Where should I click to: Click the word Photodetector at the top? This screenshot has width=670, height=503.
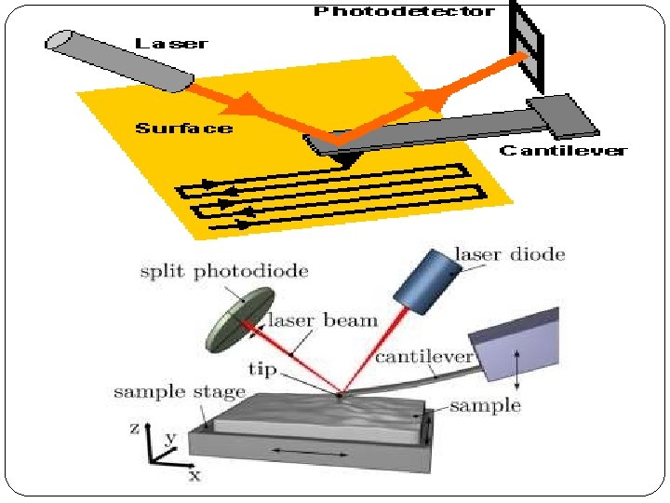click(403, 11)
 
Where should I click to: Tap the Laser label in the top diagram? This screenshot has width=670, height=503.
click(171, 44)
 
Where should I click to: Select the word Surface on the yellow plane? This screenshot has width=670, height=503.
click(184, 128)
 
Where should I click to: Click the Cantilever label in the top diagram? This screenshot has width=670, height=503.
click(563, 151)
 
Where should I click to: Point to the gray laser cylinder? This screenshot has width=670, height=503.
click(112, 60)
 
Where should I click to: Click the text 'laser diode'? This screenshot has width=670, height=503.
click(509, 253)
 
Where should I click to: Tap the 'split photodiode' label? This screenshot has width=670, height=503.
click(223, 271)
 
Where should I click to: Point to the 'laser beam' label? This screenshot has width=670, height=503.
click(323, 321)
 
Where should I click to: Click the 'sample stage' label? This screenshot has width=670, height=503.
click(180, 391)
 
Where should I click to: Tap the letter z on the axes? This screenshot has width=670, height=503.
click(135, 428)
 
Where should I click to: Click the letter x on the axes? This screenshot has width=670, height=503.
click(194, 475)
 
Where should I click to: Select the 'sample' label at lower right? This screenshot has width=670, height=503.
click(485, 405)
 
